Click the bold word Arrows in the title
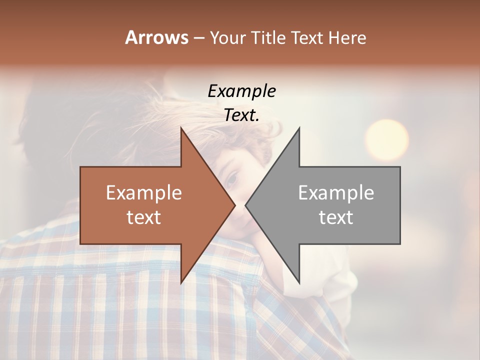156,37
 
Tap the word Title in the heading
268,37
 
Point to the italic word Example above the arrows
241,91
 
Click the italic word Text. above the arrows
241,115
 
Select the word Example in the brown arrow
144,193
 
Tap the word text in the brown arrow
144,217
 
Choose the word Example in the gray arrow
336,193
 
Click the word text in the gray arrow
336,217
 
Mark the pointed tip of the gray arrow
246,205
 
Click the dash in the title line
198,38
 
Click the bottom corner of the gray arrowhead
299,282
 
